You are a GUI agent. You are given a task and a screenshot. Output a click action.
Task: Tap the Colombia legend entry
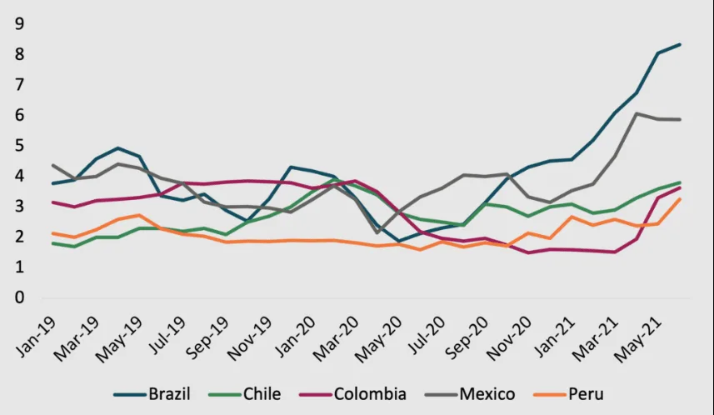click(x=370, y=393)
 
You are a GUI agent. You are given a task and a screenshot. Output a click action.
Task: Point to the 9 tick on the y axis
click(x=19, y=24)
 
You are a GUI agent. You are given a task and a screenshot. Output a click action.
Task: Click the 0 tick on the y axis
click(x=19, y=298)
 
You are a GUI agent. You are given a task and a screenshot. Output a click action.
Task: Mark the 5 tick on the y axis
click(x=19, y=146)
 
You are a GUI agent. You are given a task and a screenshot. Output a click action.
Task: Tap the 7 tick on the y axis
click(x=19, y=85)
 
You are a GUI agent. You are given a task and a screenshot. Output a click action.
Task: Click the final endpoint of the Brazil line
click(x=681, y=44)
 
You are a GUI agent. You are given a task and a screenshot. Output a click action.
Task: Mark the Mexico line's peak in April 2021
click(x=637, y=113)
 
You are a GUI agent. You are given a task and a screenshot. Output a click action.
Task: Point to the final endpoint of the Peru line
click(x=681, y=199)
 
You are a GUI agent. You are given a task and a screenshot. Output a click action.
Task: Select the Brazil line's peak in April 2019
click(x=117, y=148)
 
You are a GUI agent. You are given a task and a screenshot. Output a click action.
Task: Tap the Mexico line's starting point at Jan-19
click(x=52, y=165)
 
